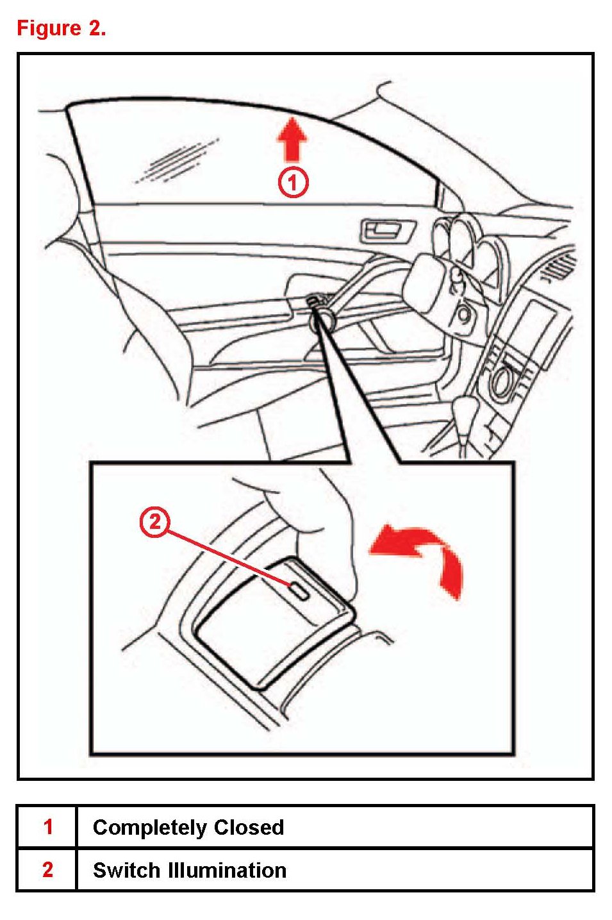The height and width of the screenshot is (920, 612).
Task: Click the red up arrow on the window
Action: click(292, 140)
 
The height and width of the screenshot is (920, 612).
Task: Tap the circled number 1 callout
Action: click(293, 181)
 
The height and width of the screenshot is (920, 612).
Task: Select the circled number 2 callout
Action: click(154, 523)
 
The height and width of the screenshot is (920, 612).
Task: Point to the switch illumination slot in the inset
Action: click(299, 590)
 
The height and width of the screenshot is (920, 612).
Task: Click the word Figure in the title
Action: click(49, 29)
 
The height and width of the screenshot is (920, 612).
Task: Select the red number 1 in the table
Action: click(47, 827)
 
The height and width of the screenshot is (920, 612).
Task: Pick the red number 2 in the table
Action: click(47, 869)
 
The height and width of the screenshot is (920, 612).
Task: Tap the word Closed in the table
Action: click(249, 827)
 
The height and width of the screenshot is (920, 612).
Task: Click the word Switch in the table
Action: click(126, 870)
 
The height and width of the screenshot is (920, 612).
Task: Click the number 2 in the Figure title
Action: click(97, 29)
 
